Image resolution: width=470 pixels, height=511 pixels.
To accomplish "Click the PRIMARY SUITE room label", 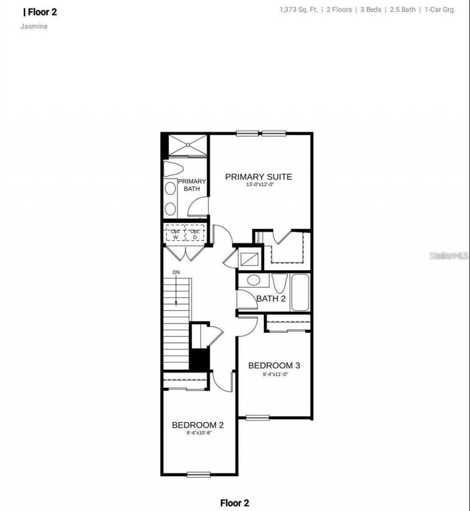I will click(x=258, y=177).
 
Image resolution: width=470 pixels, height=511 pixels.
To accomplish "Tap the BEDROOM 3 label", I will click(x=274, y=365).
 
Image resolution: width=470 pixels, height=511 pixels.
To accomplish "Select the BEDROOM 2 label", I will click(x=198, y=425).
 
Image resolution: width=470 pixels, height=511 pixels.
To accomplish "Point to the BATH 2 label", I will click(x=271, y=298).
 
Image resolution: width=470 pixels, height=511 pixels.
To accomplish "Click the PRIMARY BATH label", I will click(x=192, y=185).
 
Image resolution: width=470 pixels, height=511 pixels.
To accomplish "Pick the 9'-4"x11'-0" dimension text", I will click(x=274, y=374).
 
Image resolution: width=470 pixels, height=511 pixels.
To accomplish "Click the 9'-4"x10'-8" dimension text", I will click(x=198, y=433).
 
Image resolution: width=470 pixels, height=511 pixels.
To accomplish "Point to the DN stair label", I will click(x=176, y=273).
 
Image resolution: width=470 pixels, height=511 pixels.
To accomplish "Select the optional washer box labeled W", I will click(x=175, y=234).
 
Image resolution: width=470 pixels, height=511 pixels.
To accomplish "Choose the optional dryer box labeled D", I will click(x=195, y=234).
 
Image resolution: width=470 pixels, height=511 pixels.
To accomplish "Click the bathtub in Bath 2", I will click(x=300, y=292).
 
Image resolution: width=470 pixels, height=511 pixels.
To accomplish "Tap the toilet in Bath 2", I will click(x=279, y=283).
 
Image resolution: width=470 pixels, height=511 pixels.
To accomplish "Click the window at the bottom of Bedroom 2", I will click(x=199, y=474).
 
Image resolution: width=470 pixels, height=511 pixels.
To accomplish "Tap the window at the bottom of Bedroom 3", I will click(x=257, y=417).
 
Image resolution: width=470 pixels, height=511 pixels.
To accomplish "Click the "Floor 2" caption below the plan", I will click(x=235, y=503).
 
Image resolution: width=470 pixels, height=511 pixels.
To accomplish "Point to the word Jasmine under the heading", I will click(x=34, y=26).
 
